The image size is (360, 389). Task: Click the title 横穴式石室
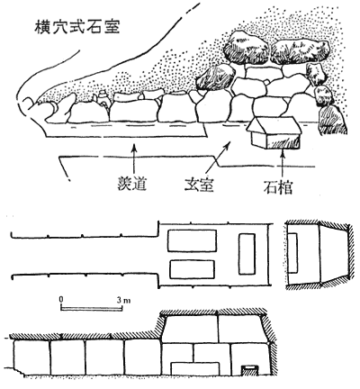[x=77, y=27]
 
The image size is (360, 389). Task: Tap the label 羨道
[x=131, y=184]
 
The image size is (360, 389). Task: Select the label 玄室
[x=199, y=184]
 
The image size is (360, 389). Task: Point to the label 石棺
[x=278, y=187]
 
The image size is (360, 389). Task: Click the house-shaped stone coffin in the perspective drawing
[x=274, y=132]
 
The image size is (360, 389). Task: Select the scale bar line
[x=92, y=308]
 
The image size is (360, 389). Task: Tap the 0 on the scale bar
[x=61, y=299]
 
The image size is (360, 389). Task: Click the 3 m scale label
[x=123, y=300]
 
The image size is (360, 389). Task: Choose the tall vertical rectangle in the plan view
[x=247, y=254]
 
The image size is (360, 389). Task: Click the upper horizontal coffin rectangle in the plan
[x=192, y=240]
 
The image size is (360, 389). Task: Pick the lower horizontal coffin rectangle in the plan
[x=192, y=269]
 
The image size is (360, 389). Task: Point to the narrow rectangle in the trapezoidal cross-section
[x=292, y=253]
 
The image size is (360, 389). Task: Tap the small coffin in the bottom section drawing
[x=249, y=369]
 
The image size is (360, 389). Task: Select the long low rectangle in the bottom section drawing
[x=195, y=368]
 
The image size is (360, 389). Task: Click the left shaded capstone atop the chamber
[x=247, y=47]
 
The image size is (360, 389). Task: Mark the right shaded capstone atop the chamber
[x=300, y=51]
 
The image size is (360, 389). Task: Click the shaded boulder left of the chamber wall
[x=215, y=77]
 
